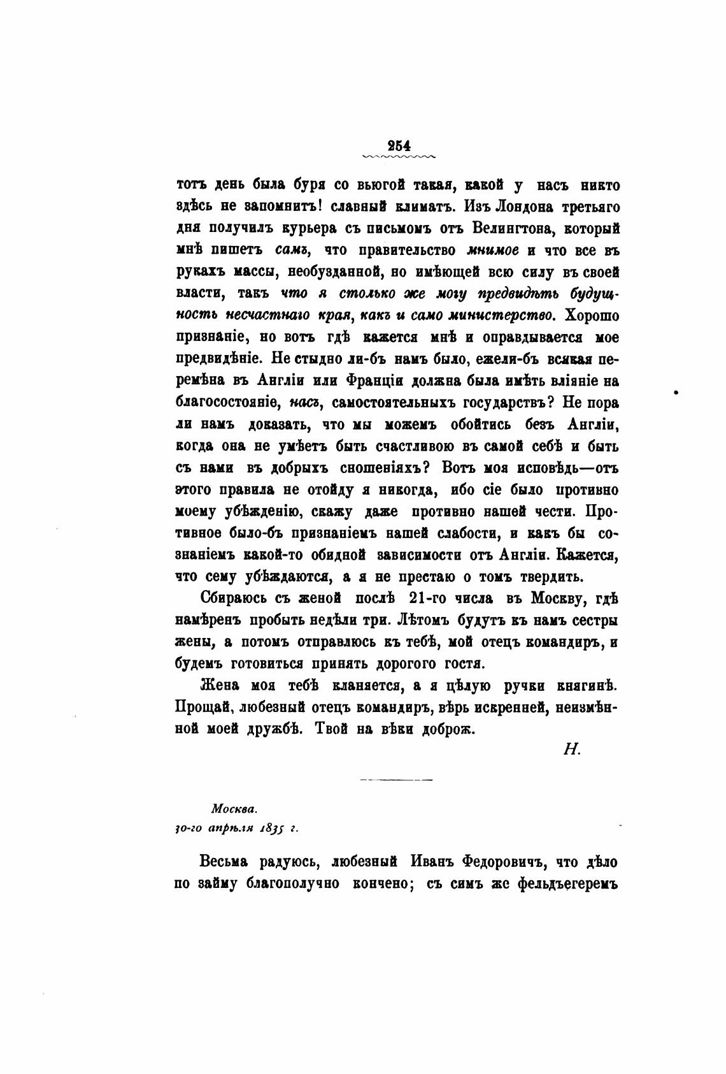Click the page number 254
point(397,144)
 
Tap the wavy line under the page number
point(397,156)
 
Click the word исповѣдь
point(539,467)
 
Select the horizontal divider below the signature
point(396,780)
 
